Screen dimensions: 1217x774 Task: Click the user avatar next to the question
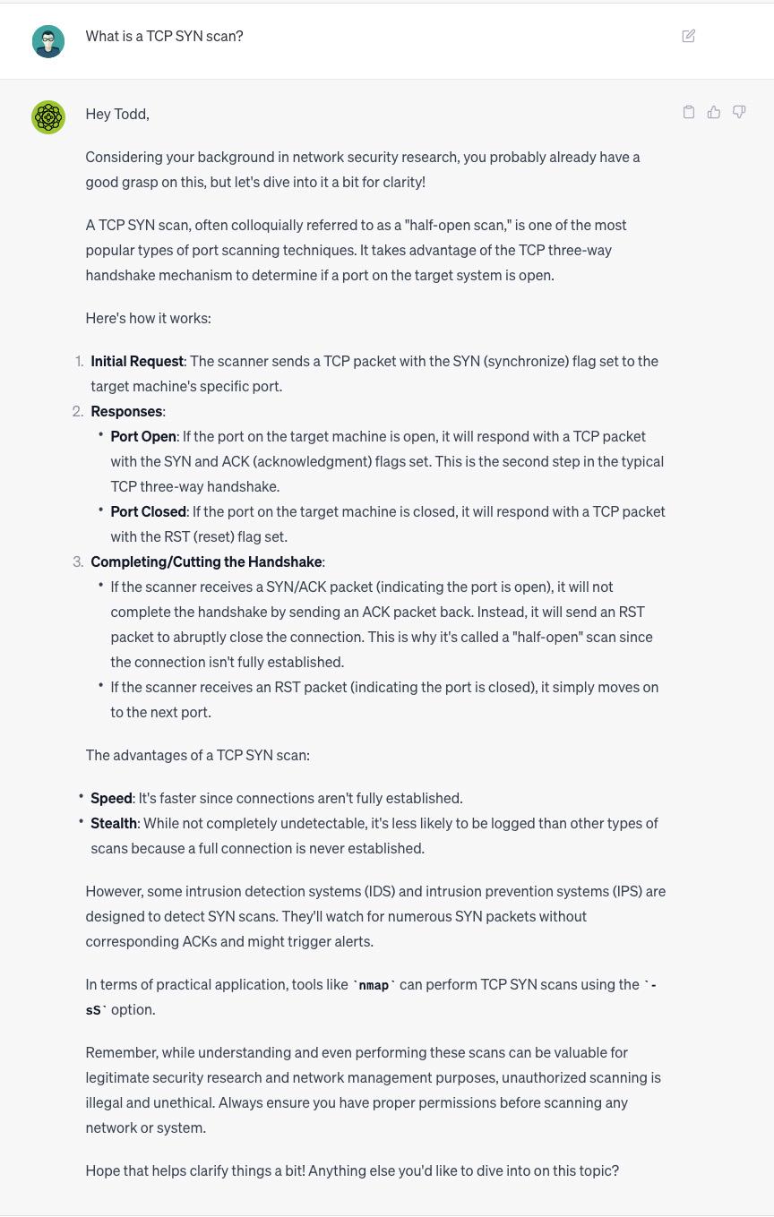(x=48, y=41)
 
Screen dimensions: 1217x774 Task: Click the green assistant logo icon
(x=48, y=117)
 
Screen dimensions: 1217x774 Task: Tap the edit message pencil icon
(x=689, y=36)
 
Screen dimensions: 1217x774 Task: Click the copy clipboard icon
(x=689, y=112)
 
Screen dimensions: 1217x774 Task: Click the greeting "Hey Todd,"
(x=117, y=114)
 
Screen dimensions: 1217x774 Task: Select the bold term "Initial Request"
(x=137, y=361)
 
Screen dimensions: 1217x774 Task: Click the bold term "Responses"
(x=126, y=411)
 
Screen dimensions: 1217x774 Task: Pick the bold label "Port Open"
(x=143, y=436)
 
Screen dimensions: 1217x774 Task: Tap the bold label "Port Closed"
(x=148, y=511)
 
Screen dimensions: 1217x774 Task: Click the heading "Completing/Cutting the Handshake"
(x=206, y=561)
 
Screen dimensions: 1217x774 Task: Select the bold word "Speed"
(x=111, y=798)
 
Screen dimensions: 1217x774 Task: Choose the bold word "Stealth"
(x=114, y=823)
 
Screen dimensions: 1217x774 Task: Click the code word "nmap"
(x=374, y=985)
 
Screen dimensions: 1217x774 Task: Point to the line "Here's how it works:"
(x=148, y=318)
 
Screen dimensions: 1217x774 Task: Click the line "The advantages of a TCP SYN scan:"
(x=197, y=755)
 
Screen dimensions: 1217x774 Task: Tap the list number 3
(x=78, y=561)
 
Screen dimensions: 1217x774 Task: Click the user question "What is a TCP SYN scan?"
(x=164, y=36)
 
